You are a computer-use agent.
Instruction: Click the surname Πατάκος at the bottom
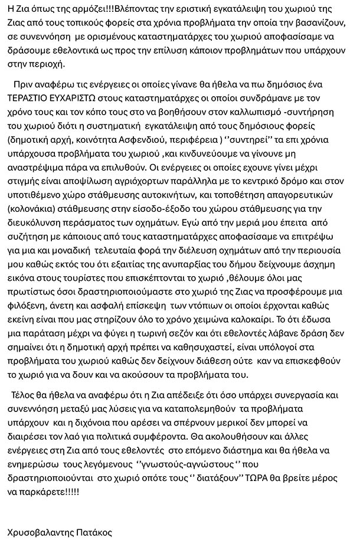point(95,532)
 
